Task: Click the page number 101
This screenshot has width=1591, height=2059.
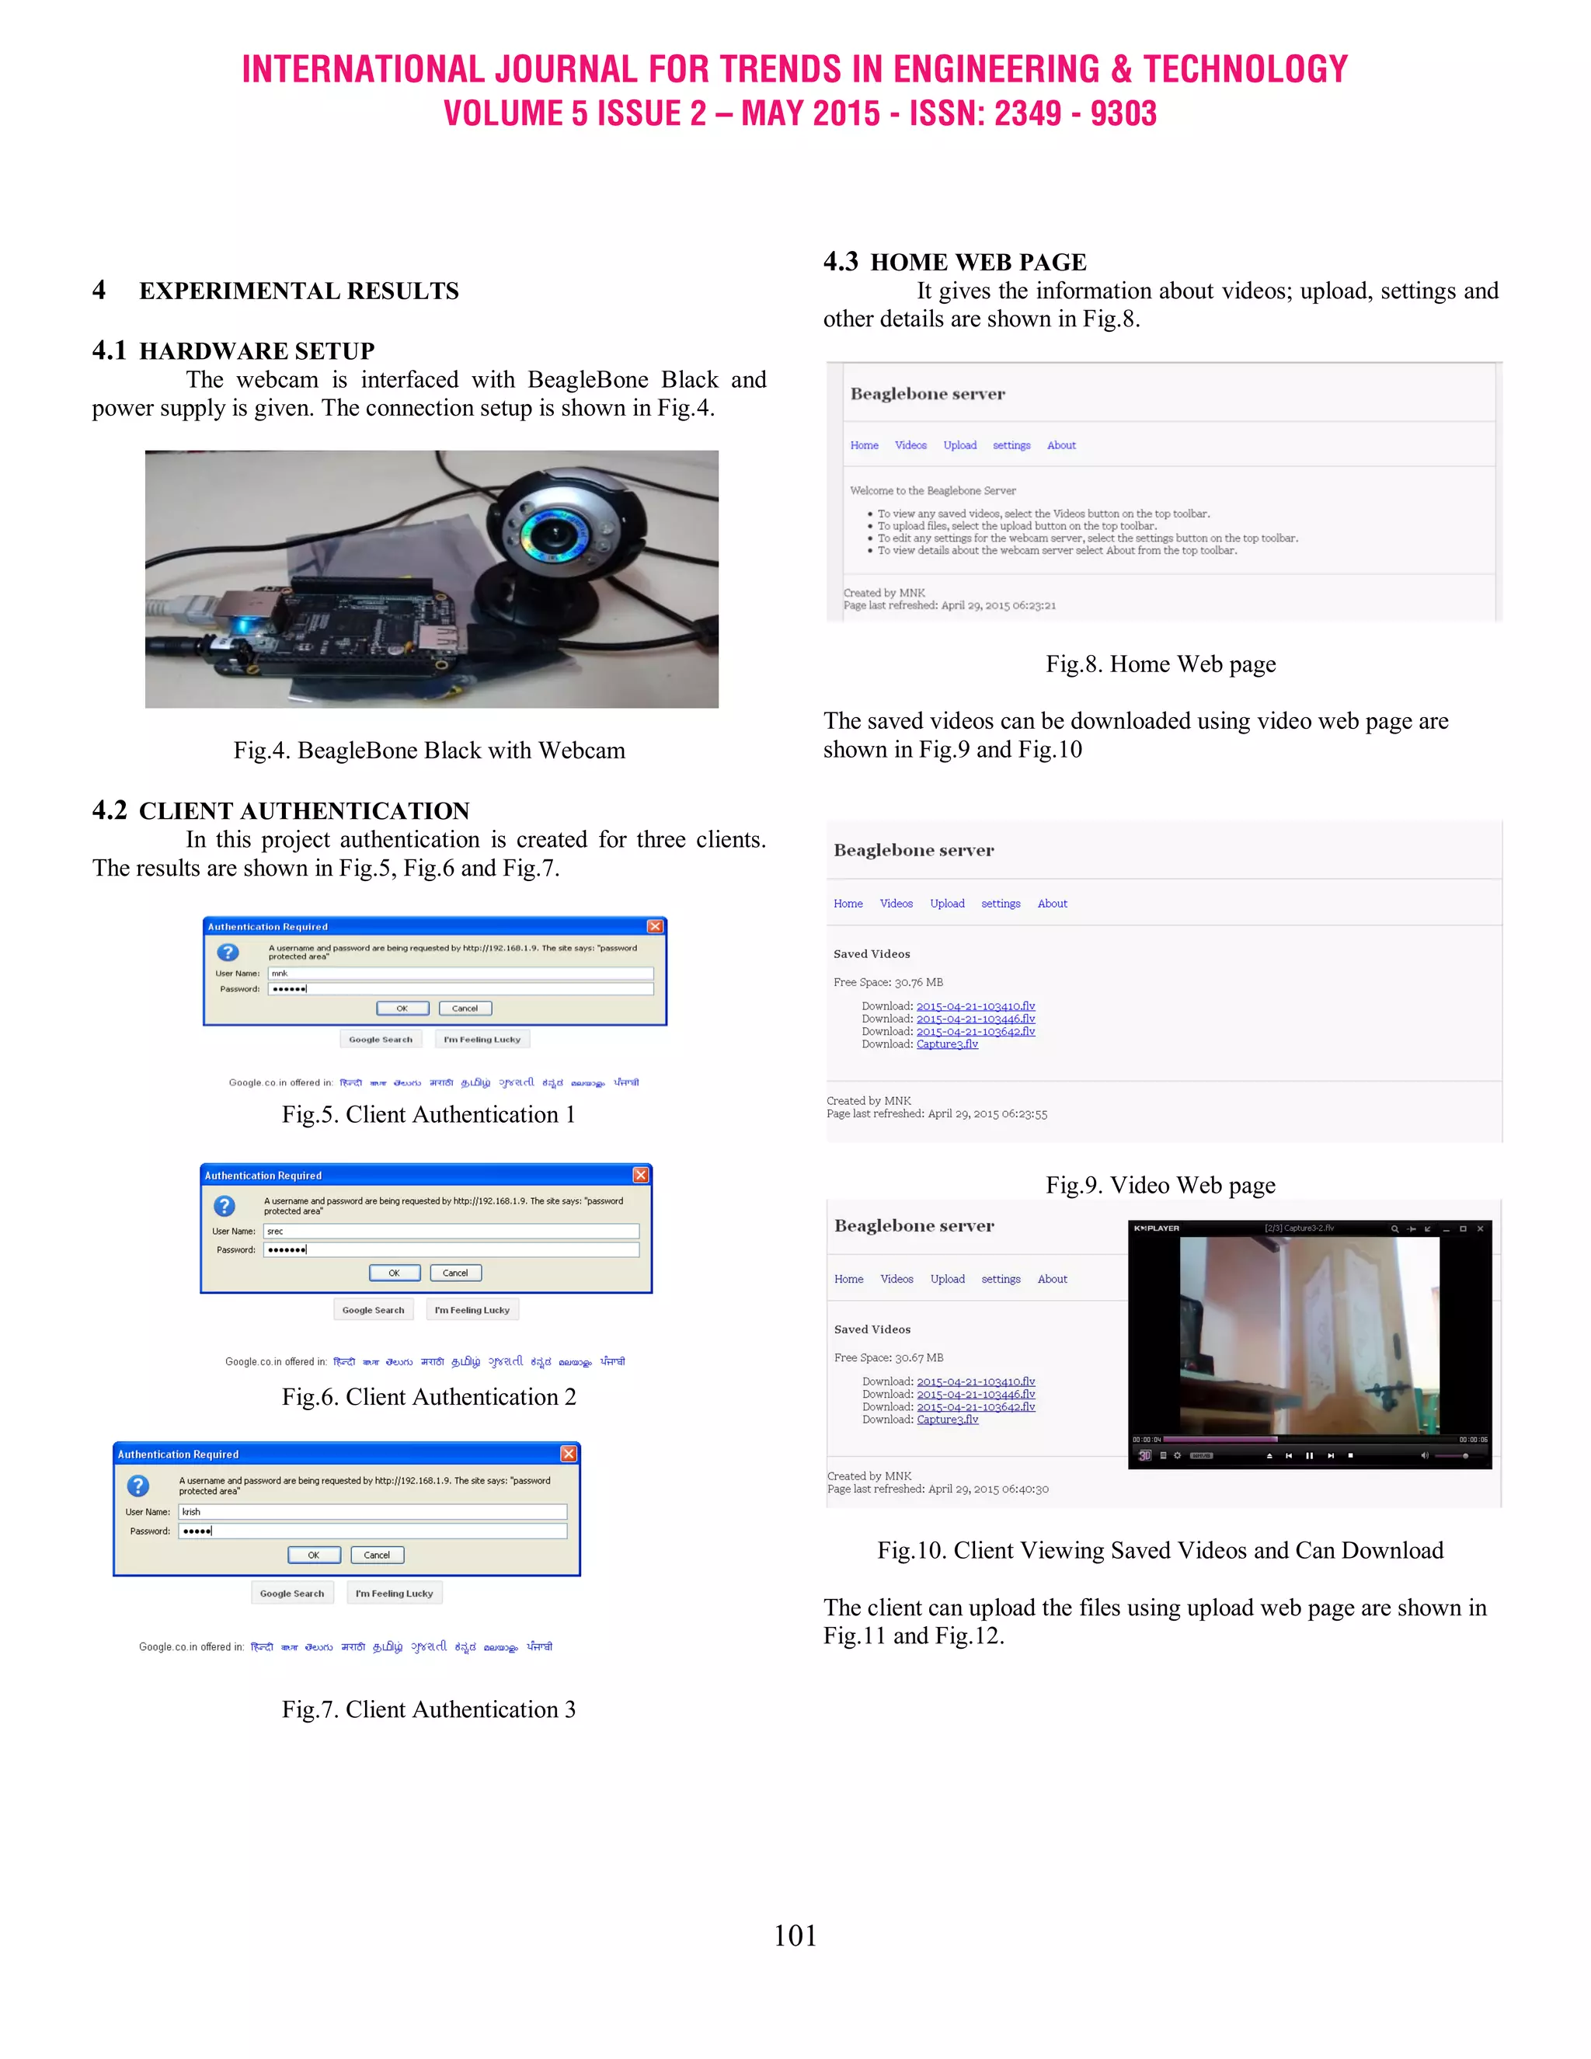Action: [x=795, y=1935]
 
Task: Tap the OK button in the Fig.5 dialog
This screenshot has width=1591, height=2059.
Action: [x=402, y=1008]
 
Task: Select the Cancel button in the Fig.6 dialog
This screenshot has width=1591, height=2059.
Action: [x=455, y=1273]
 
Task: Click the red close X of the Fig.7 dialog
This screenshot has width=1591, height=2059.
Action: [x=569, y=1454]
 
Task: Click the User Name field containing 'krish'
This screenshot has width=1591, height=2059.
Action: [x=372, y=1511]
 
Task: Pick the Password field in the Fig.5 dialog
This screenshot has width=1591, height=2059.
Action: [x=460, y=989]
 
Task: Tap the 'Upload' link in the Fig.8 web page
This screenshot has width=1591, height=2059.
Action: [x=959, y=445]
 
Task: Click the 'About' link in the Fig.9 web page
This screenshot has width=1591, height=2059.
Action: [x=1052, y=903]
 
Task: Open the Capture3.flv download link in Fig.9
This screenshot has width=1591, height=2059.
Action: [x=947, y=1043]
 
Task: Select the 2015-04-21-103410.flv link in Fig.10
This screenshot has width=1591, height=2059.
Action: [x=976, y=1381]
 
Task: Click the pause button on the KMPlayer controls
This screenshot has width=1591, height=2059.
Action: [x=1308, y=1455]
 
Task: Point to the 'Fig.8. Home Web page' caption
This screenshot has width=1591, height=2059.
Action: [x=1161, y=664]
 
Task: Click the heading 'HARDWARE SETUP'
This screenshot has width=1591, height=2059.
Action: [x=256, y=350]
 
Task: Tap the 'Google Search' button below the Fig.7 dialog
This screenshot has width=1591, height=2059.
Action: [x=292, y=1594]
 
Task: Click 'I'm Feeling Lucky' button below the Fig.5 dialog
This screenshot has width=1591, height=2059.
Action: [x=482, y=1039]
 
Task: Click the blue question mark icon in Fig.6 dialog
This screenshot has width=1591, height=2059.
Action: [x=225, y=1206]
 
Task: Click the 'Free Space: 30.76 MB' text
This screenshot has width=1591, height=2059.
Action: [x=888, y=982]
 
